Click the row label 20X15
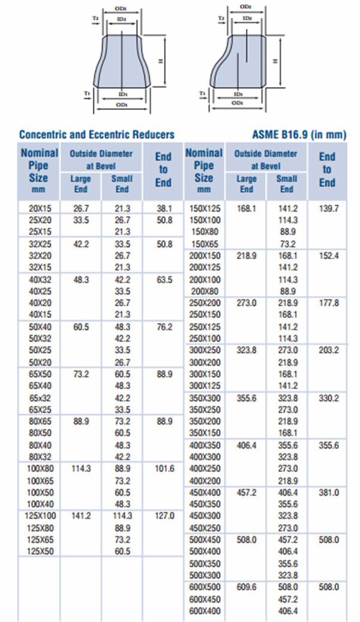pos(40,208)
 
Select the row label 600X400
pos(205,611)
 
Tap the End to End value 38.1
pos(164,208)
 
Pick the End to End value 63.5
pos(164,279)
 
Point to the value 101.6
pos(164,468)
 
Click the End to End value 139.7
pos(328,208)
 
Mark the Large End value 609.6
pos(246,587)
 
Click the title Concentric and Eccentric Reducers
pos(97,134)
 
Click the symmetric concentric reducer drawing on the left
pos(122,63)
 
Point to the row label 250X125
pos(205,327)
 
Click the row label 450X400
pos(205,492)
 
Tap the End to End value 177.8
pos(328,303)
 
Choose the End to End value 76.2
pos(164,327)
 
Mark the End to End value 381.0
pos(328,492)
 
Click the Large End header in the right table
pos(246,183)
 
